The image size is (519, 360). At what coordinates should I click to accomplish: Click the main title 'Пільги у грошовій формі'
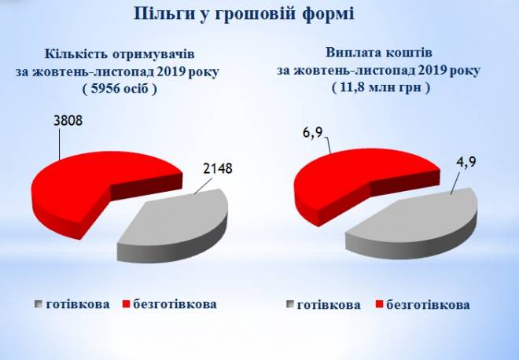pos(244,14)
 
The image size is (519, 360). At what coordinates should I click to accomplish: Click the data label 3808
pos(68,121)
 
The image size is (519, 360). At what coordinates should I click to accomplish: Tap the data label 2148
pos(218,168)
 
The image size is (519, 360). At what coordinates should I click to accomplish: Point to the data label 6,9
pos(312,134)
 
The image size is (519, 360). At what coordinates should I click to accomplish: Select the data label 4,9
pos(466,162)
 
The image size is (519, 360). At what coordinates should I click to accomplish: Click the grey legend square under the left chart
pos(39,304)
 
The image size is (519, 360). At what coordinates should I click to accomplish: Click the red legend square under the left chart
pos(126,304)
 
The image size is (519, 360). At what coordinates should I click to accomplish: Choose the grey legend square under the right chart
pos(290,305)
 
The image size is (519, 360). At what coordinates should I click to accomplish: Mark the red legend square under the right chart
pos(379,305)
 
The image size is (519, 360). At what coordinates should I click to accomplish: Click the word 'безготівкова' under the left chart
pos(175,303)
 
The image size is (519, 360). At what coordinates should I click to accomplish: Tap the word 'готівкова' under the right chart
pos(329,305)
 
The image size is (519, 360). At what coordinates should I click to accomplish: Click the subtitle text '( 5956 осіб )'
pos(120,89)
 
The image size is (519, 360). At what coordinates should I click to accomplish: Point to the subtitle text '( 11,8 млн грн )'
pos(381,88)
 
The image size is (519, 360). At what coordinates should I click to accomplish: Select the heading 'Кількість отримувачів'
pos(120,54)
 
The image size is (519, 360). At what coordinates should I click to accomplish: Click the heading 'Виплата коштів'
pos(379,53)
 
